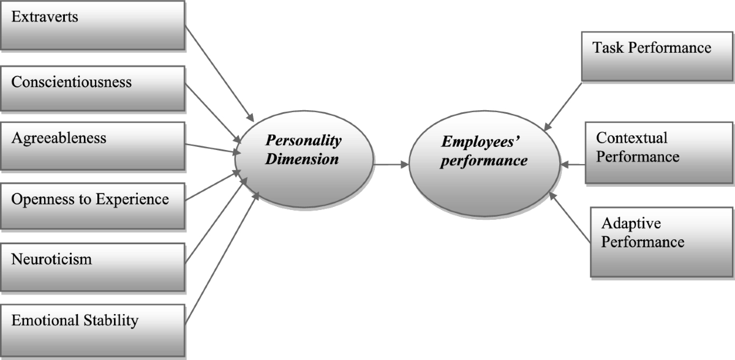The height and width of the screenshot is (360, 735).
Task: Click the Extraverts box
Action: (92, 24)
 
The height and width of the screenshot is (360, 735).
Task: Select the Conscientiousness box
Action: (92, 88)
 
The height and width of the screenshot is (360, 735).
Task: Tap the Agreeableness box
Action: (92, 145)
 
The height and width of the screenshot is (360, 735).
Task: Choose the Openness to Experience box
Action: (92, 204)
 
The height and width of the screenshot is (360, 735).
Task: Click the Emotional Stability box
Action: (92, 324)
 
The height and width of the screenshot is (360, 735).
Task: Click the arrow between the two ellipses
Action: (391, 164)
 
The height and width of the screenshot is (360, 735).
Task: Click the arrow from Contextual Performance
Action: (573, 164)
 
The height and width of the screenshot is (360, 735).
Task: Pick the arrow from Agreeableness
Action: (211, 148)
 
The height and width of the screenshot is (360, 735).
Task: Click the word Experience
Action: (137, 199)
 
